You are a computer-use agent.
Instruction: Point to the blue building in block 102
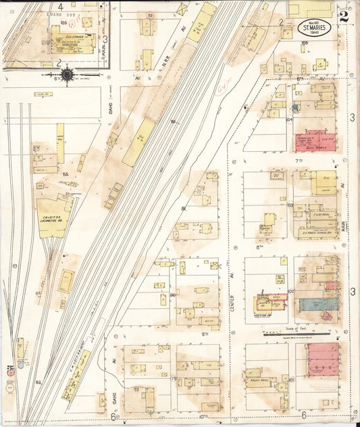coord(319,305)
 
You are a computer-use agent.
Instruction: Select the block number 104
coord(289,119)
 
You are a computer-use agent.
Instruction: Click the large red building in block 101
coord(323,359)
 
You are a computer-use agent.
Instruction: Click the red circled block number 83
coord(149,15)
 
